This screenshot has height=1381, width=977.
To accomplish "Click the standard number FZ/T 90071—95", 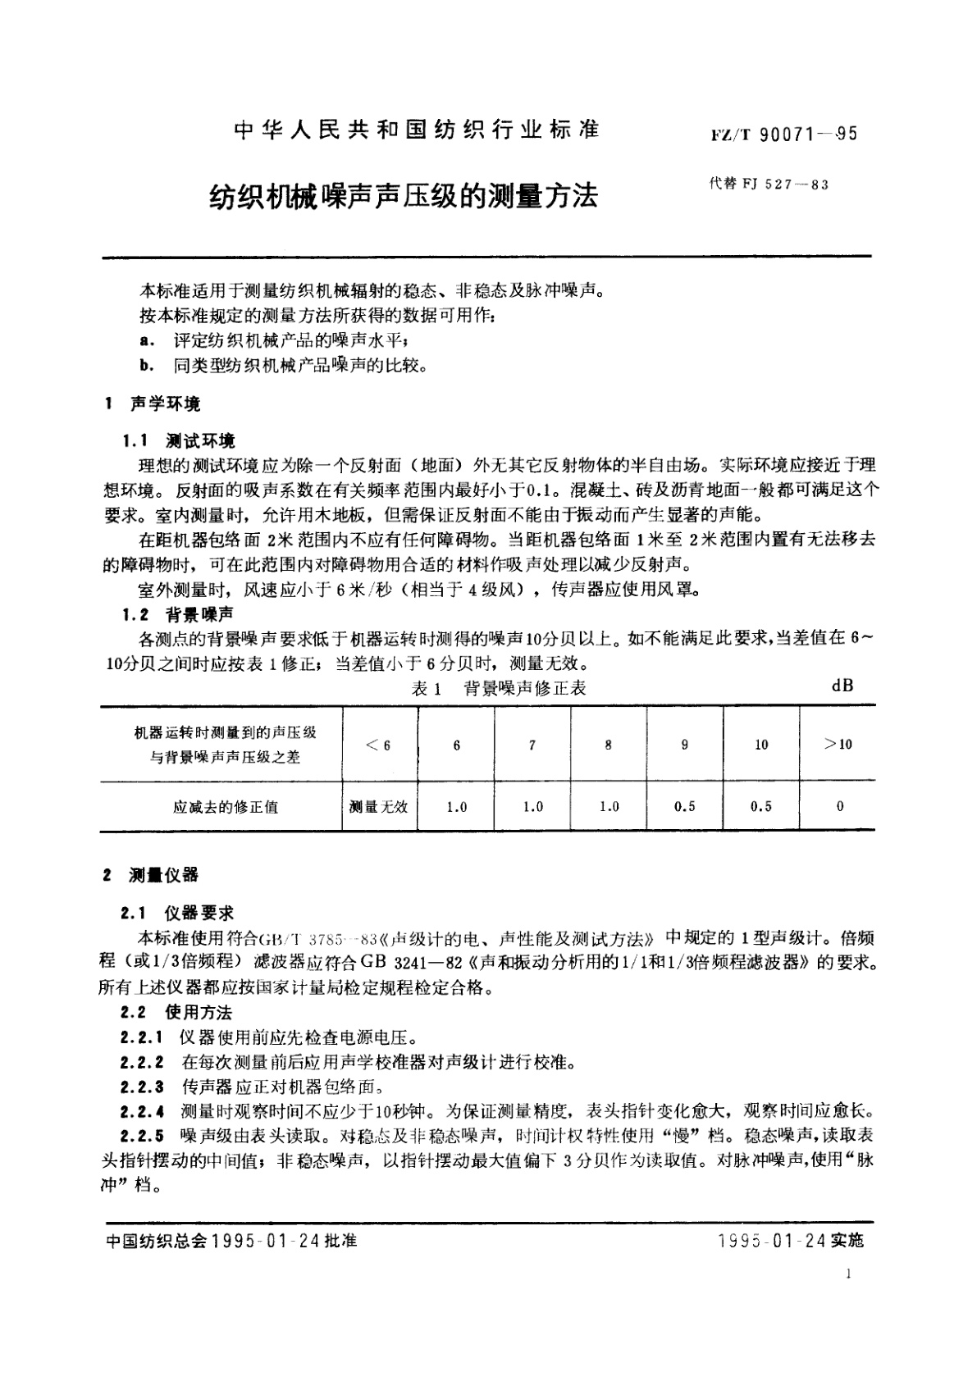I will [784, 134].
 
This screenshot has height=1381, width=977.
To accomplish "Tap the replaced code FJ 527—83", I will [769, 185].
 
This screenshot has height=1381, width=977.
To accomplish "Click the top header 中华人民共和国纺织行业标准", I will [418, 130].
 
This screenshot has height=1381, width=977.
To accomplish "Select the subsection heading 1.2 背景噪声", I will [178, 614].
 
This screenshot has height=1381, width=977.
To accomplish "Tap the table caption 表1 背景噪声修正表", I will [499, 689].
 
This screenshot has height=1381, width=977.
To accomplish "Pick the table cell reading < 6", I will [378, 745].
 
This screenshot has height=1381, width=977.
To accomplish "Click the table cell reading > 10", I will [838, 744].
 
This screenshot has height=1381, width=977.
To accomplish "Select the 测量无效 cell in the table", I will [378, 807].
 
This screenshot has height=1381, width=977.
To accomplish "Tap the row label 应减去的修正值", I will [226, 807].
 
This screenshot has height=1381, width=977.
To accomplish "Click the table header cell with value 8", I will [608, 745].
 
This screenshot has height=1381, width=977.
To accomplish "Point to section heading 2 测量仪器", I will [152, 875].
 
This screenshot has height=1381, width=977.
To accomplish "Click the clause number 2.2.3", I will [142, 1087].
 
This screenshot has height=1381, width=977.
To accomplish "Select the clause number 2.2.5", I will [142, 1137].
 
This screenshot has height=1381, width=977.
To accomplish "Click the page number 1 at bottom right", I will [848, 1274].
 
